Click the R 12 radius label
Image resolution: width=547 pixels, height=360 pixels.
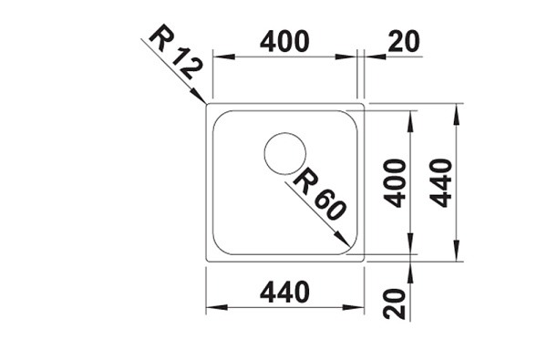tap(175, 52)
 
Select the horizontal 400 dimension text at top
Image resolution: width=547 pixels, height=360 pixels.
tap(284, 42)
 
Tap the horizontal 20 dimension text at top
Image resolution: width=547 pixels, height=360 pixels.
tap(404, 42)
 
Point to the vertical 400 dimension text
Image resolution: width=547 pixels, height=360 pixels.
tap(395, 183)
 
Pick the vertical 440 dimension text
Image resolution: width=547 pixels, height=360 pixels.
tap(440, 183)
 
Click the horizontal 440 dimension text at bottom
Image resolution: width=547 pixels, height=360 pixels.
tap(284, 292)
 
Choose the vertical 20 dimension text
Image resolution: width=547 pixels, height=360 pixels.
tap(395, 303)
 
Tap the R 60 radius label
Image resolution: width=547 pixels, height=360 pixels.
tap(320, 194)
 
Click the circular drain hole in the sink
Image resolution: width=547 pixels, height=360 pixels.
tap(285, 153)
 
